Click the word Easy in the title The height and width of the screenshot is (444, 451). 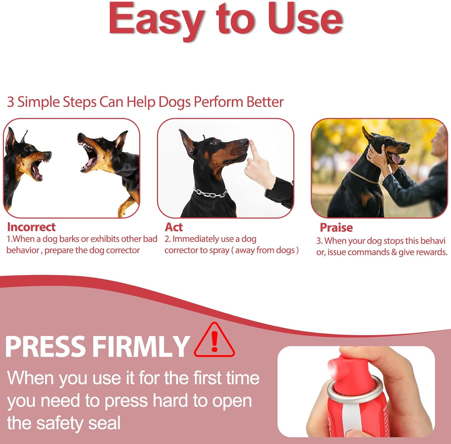(156, 20)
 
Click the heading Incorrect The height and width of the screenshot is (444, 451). (31, 227)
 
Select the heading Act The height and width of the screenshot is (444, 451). (174, 227)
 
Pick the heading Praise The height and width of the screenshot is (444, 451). (336, 228)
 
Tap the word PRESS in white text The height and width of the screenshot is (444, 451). (45, 347)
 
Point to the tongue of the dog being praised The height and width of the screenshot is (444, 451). (396, 159)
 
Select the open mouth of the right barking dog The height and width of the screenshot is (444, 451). (90, 157)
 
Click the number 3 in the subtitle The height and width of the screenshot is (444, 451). (11, 102)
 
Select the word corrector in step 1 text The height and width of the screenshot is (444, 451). (123, 250)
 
